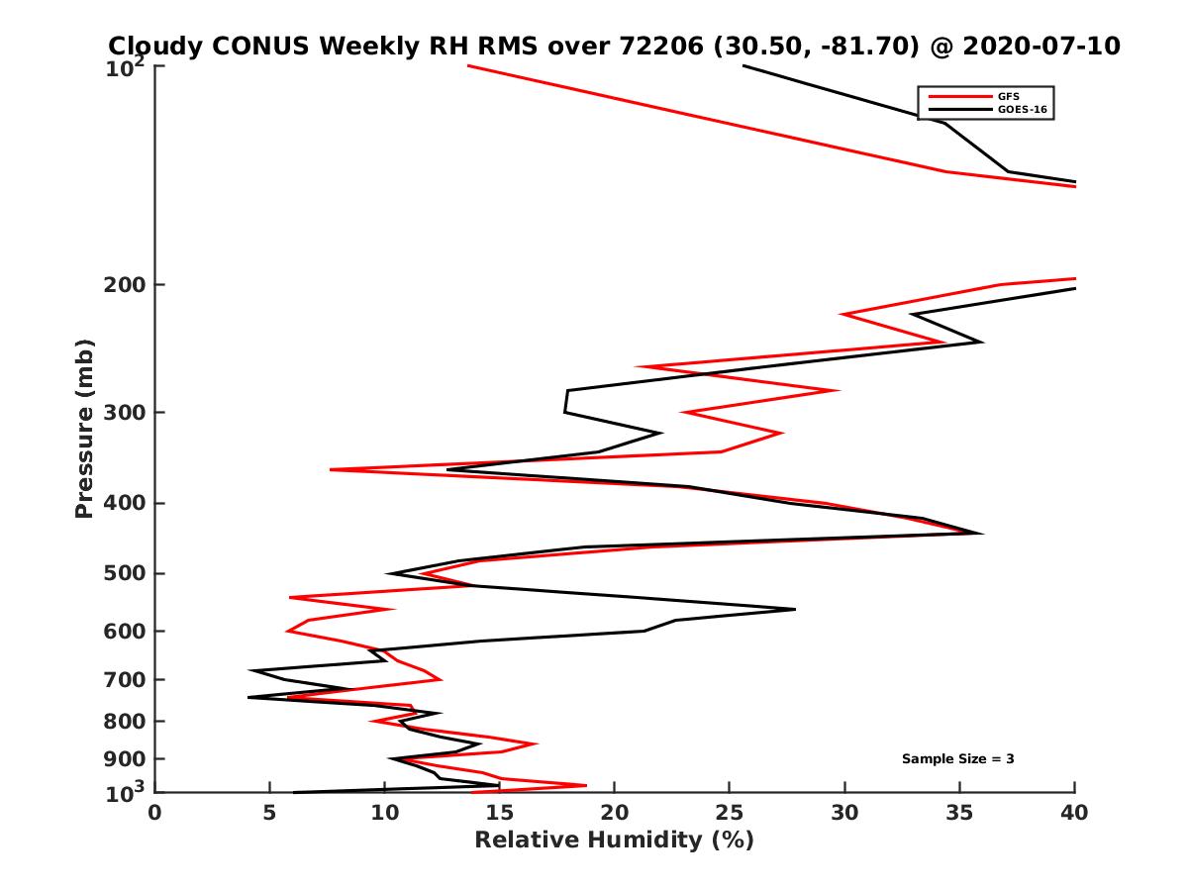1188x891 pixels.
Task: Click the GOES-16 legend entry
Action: [x=1019, y=109]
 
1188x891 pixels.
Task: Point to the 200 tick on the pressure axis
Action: [x=125, y=285]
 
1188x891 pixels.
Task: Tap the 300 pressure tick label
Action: [x=125, y=412]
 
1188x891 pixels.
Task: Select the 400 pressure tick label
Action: [x=125, y=503]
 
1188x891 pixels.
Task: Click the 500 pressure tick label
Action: [x=125, y=573]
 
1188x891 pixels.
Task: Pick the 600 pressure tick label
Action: [x=125, y=631]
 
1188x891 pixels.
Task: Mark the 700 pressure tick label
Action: [x=125, y=679]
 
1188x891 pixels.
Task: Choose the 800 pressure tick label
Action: [x=125, y=721]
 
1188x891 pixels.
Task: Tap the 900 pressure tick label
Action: [x=125, y=758]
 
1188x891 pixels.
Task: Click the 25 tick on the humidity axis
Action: [x=730, y=813]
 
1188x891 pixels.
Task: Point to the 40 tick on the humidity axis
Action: [x=1074, y=813]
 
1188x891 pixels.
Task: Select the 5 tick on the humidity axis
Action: [x=269, y=813]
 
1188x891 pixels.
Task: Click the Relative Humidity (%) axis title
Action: [x=614, y=841]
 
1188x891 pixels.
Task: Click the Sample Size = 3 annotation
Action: [x=957, y=758]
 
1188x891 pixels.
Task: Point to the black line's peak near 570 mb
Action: [x=794, y=609]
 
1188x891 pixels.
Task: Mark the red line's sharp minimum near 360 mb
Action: [x=331, y=469]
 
